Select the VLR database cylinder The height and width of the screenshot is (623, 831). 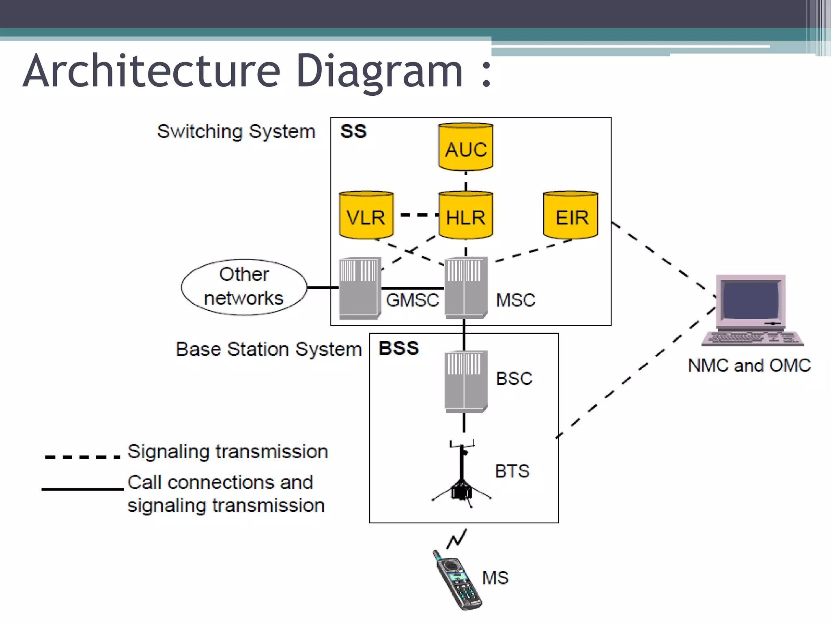[366, 215]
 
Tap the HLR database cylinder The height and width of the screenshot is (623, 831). [465, 215]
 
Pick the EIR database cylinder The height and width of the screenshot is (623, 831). [570, 215]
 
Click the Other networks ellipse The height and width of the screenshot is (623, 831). [244, 287]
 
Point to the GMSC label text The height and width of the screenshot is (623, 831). [412, 301]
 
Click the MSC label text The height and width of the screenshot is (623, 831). [515, 301]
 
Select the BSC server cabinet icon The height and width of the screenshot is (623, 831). [465, 381]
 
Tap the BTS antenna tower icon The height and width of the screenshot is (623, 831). [462, 475]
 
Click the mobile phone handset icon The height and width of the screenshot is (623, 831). [457, 580]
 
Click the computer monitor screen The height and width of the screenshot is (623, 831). [750, 300]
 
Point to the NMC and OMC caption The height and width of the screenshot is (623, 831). [749, 365]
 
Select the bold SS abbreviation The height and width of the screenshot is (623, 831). [353, 132]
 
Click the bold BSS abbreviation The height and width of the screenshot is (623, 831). [398, 348]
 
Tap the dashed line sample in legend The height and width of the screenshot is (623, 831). [82, 457]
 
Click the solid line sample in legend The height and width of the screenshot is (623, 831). [82, 489]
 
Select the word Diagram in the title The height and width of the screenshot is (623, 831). [379, 71]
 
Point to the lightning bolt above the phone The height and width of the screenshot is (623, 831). [457, 539]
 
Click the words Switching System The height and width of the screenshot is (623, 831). [236, 132]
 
